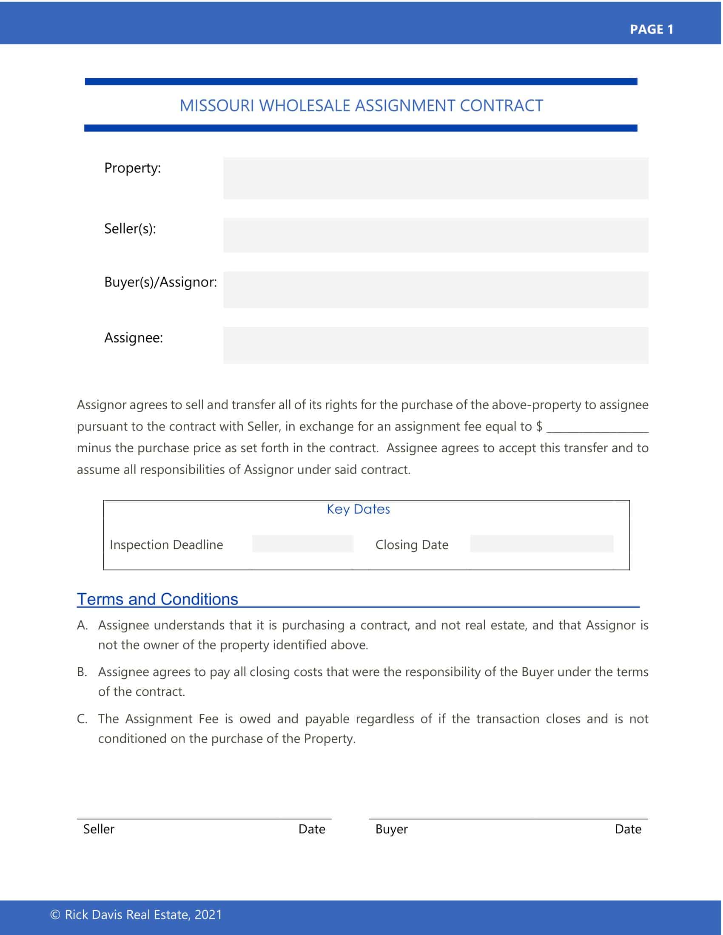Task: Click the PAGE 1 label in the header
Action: (x=652, y=30)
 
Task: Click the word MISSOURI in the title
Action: (x=217, y=106)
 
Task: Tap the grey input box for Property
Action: (x=436, y=178)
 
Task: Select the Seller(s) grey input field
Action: (x=436, y=235)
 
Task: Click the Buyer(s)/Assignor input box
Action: (x=436, y=290)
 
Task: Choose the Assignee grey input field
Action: (x=436, y=346)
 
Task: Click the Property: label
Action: (x=132, y=168)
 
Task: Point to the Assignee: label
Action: (x=134, y=338)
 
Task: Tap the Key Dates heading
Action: (x=359, y=509)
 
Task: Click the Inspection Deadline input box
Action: (x=303, y=544)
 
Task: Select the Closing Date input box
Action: (x=542, y=544)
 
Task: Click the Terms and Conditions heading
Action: (x=158, y=599)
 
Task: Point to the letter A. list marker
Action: (x=82, y=626)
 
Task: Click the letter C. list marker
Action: (x=82, y=719)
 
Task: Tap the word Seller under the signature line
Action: (x=99, y=829)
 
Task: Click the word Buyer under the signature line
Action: (x=391, y=829)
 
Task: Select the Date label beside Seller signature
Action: (x=312, y=829)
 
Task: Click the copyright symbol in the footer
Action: (x=55, y=915)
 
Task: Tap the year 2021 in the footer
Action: (x=208, y=915)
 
